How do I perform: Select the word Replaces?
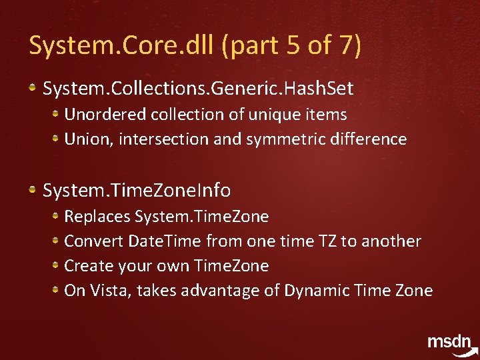tap(97, 217)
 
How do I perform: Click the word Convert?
tap(93, 241)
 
